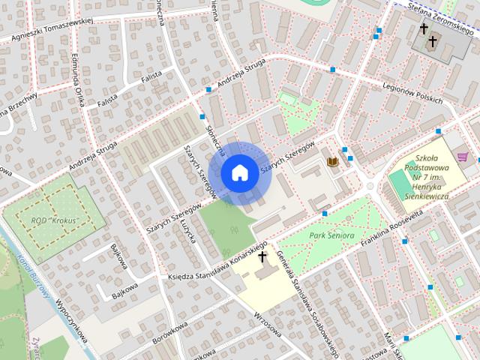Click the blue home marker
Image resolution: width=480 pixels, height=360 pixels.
point(239,173)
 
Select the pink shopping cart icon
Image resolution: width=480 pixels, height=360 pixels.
point(463,157)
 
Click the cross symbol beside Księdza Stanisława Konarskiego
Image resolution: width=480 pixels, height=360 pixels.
point(262,257)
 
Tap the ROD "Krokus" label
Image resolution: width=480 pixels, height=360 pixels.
point(56,220)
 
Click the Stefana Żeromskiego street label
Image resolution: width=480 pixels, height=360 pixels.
point(442,7)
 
